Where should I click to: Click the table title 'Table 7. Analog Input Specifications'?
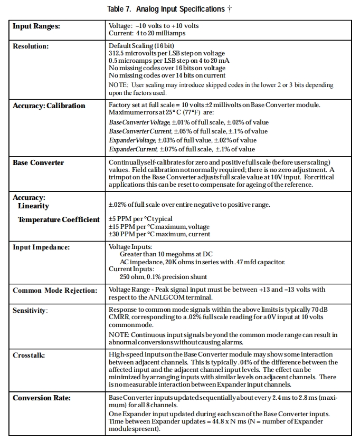click(x=166, y=9)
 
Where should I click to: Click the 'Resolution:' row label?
click(x=31, y=46)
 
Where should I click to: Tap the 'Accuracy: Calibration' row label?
click(x=49, y=105)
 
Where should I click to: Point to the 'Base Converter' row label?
click(x=38, y=162)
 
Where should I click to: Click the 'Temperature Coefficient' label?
click(x=59, y=219)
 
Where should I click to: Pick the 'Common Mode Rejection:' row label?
click(x=55, y=290)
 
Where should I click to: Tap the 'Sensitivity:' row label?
click(x=30, y=310)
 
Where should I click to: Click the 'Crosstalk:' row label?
click(x=29, y=355)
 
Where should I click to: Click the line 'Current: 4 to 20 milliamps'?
click(x=147, y=33)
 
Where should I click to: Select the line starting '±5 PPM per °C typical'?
click(x=140, y=219)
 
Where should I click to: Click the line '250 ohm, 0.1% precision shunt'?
click(x=163, y=276)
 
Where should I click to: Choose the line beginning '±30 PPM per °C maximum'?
click(x=159, y=234)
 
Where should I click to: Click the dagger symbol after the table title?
click(x=230, y=8)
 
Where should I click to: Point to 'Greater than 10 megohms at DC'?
click(x=166, y=254)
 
